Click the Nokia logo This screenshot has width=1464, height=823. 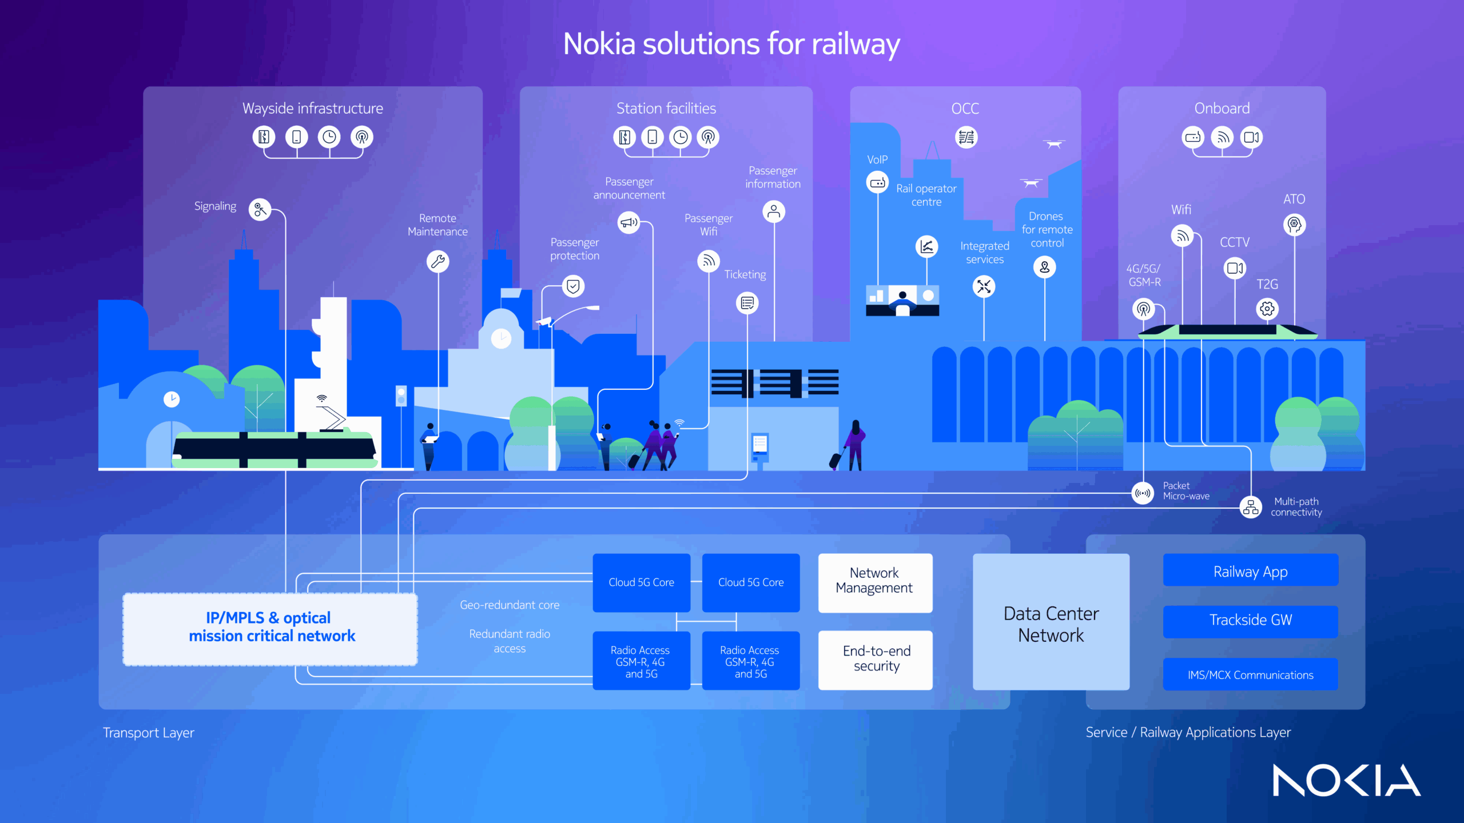(x=1346, y=780)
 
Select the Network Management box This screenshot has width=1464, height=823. (x=874, y=582)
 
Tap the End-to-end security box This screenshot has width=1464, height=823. (x=876, y=660)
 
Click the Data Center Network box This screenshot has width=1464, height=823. (x=1051, y=623)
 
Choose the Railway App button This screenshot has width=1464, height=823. (x=1250, y=570)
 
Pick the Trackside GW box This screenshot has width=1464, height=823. (x=1250, y=621)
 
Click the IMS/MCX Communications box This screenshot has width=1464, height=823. (x=1250, y=674)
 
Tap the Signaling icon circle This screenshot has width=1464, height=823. (x=260, y=210)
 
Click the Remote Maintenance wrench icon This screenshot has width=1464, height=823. (x=438, y=262)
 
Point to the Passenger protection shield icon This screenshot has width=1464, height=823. (x=573, y=286)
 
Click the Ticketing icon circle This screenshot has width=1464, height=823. (x=747, y=303)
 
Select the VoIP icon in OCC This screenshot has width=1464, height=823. (x=877, y=183)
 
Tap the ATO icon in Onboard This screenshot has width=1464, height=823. (x=1294, y=224)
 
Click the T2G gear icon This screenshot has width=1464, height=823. (x=1267, y=309)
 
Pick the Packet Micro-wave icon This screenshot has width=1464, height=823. (x=1143, y=493)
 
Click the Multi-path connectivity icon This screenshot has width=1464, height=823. (x=1251, y=507)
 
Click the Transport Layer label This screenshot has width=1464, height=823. (x=149, y=733)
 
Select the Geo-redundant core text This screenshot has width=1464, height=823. (x=510, y=605)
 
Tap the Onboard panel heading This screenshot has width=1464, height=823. (x=1222, y=109)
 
